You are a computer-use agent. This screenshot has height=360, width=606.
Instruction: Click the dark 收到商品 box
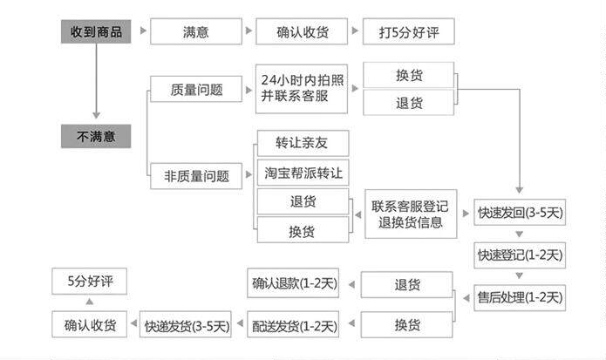pyautogui.click(x=96, y=32)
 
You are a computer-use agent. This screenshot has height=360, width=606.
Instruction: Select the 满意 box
pyautogui.click(x=196, y=32)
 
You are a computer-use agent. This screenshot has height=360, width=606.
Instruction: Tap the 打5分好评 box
pyautogui.click(x=408, y=32)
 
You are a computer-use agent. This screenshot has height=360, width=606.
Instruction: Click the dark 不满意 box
pyautogui.click(x=96, y=136)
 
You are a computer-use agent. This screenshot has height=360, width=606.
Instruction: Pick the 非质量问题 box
pyautogui.click(x=196, y=175)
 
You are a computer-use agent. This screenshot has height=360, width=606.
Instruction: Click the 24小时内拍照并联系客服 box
pyautogui.click(x=301, y=88)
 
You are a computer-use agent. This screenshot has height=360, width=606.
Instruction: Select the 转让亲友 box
pyautogui.click(x=301, y=142)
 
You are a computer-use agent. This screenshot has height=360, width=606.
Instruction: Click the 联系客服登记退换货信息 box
pyautogui.click(x=409, y=214)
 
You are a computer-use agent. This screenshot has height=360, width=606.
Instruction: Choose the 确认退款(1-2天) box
pyautogui.click(x=294, y=283)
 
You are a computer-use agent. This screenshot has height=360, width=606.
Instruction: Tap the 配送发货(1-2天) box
pyautogui.click(x=294, y=325)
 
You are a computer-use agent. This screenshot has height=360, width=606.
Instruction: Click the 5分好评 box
pyautogui.click(x=90, y=282)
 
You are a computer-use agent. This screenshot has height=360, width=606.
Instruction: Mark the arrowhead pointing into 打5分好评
pyautogui.click(x=355, y=32)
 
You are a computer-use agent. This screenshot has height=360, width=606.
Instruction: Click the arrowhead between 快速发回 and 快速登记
pyautogui.click(x=520, y=234)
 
